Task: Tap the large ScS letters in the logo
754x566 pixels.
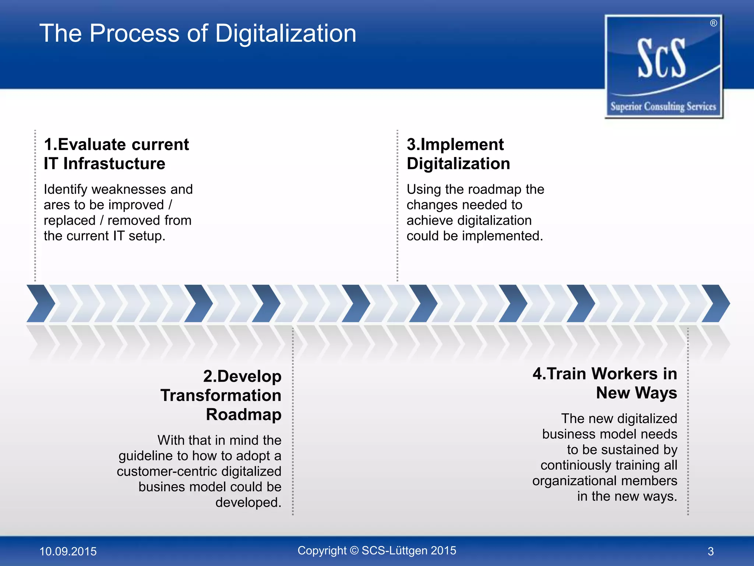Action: (x=662, y=59)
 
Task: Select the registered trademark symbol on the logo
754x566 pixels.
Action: (x=714, y=23)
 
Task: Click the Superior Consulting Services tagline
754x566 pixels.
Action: (x=663, y=106)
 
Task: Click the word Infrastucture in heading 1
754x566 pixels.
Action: (x=114, y=164)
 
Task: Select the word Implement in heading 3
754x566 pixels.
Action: (x=462, y=144)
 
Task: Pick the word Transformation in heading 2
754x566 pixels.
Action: (x=221, y=395)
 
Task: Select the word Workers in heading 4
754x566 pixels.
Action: (x=625, y=374)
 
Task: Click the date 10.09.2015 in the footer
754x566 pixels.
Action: (x=68, y=551)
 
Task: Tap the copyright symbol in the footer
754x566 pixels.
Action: (x=354, y=551)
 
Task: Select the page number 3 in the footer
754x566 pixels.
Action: (x=711, y=551)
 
